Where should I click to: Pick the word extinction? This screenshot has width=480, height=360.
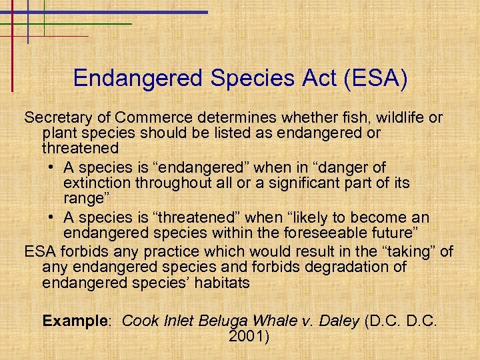99,183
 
